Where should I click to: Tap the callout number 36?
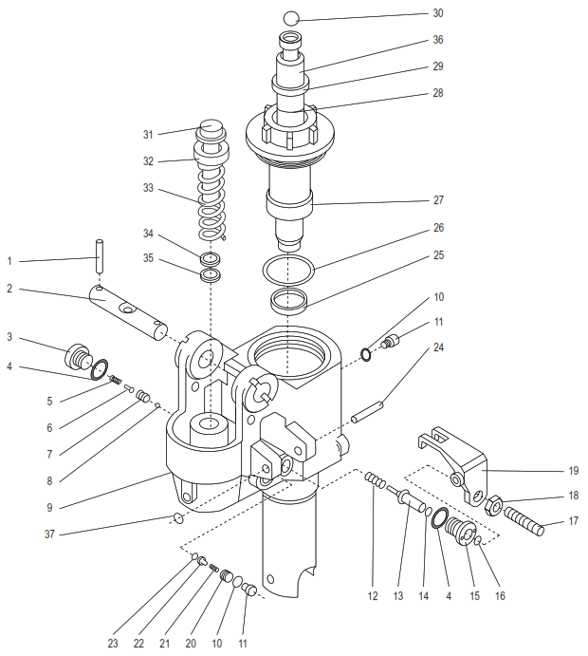click(x=438, y=40)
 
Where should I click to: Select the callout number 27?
click(x=438, y=200)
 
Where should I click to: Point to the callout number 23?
click(x=113, y=644)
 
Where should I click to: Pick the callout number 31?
click(x=148, y=134)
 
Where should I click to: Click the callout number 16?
click(x=500, y=596)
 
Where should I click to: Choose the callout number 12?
click(x=373, y=596)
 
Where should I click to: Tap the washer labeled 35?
click(x=210, y=276)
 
